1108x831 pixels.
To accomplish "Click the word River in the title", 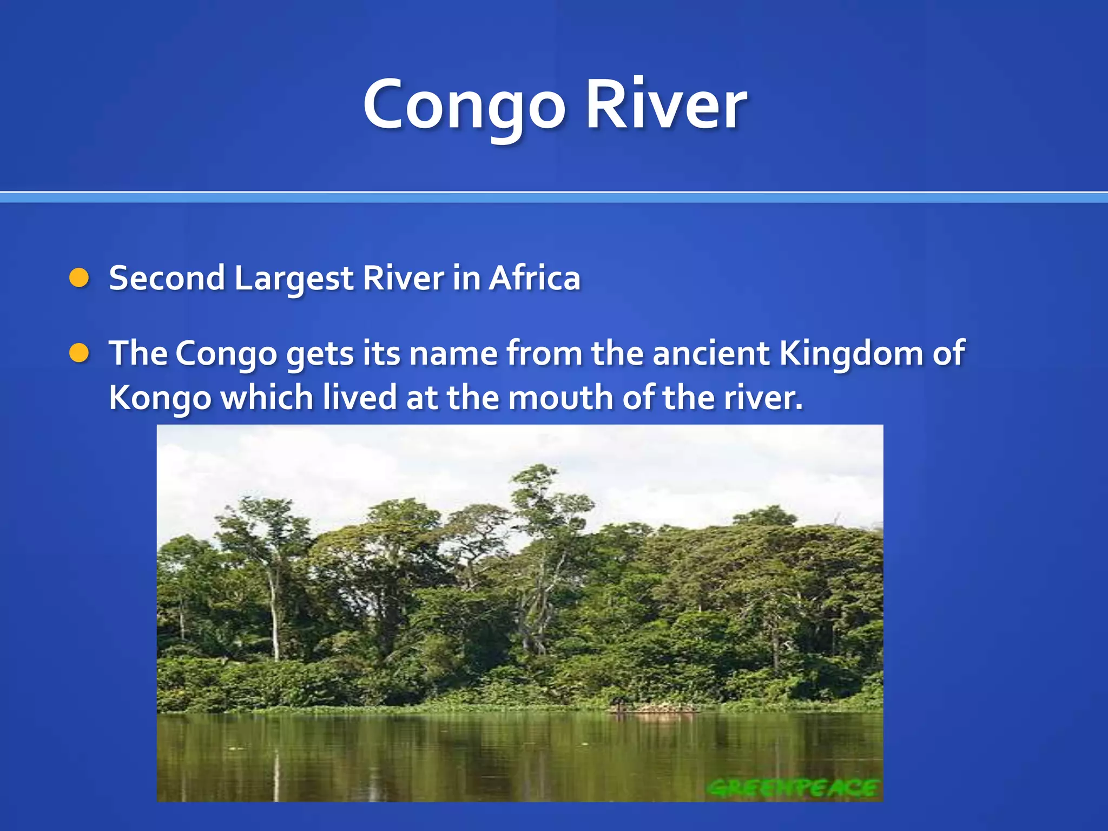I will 667,104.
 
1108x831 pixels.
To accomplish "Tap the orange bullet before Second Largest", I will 79,278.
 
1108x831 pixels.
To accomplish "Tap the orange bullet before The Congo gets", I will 79,353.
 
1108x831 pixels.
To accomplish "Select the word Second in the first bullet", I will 167,278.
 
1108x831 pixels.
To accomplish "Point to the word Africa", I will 535,278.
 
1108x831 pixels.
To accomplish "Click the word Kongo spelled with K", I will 160,399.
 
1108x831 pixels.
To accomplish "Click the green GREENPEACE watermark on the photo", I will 793,788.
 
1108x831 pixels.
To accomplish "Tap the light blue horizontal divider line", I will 554,198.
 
